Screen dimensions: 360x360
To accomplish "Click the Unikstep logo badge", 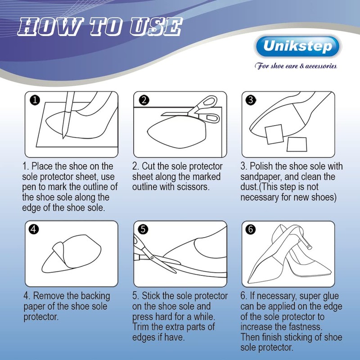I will [297, 46].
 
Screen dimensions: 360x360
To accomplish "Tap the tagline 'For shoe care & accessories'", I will [296, 66].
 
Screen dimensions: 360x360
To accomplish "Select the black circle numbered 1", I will [35, 100].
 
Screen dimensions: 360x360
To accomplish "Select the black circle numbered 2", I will [144, 100].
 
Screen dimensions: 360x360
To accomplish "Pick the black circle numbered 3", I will [251, 100].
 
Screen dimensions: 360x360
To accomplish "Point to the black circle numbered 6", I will [251, 229].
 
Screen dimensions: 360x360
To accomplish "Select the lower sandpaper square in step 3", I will [297, 144].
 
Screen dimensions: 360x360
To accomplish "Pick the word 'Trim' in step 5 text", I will [141, 327].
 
